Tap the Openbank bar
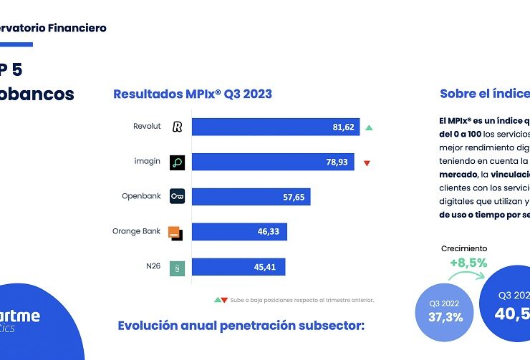[x=251, y=197]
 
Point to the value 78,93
[x=337, y=162]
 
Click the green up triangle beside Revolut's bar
[x=369, y=127]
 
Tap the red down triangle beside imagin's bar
[x=367, y=163]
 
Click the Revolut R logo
[x=177, y=127]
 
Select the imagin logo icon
[x=177, y=162]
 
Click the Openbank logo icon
[x=177, y=197]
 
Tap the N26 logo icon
[x=177, y=268]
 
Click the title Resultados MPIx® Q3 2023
[x=193, y=94]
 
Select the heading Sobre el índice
[x=484, y=94]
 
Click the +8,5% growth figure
[x=468, y=262]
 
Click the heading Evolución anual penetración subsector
[x=241, y=326]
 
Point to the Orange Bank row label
[x=136, y=232]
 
